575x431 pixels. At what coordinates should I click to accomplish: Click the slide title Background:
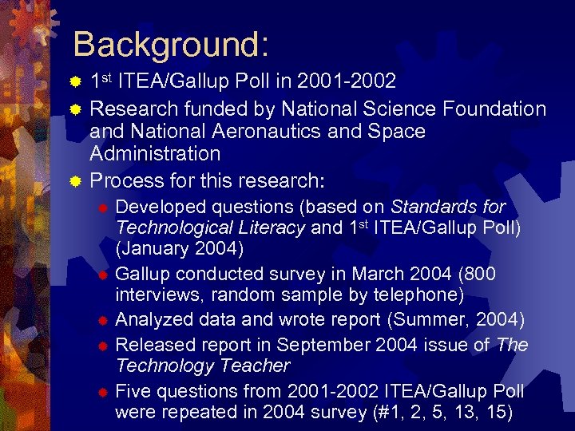[170, 45]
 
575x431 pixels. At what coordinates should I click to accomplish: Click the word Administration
[155, 153]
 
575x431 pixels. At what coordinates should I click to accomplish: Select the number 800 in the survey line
[477, 274]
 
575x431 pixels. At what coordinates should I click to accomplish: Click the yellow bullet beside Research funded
[75, 109]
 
